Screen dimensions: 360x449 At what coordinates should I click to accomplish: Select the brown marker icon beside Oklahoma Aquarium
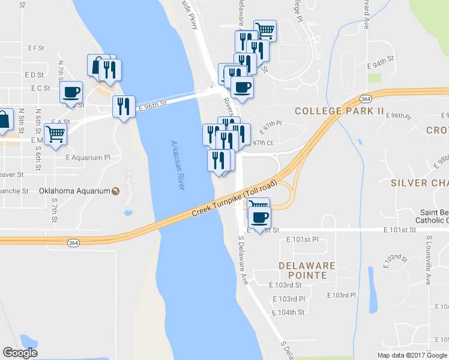point(115,191)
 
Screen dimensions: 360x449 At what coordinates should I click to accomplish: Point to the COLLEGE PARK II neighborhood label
point(339,111)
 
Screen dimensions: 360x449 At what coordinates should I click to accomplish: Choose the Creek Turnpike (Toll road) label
point(235,199)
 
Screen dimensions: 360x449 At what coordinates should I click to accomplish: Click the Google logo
point(20,353)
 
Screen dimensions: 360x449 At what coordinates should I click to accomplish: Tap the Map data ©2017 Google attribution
point(411,355)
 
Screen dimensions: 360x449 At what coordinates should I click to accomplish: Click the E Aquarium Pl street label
point(88,157)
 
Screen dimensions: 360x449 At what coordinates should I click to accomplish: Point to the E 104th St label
point(288,312)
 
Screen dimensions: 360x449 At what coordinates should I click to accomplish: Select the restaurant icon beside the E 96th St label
point(124,106)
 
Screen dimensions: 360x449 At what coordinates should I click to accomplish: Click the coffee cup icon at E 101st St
point(260,217)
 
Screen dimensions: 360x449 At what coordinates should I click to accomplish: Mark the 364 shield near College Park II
point(366,98)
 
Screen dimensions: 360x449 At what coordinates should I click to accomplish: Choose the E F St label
point(37,47)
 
